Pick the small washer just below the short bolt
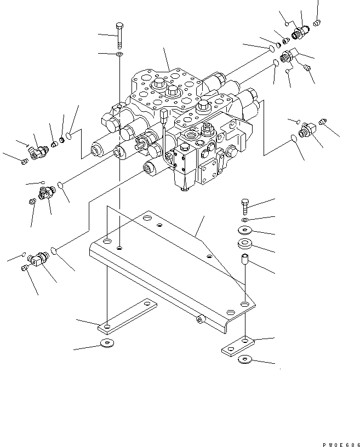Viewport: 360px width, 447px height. [244, 220]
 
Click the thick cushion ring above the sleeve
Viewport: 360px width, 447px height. [244, 244]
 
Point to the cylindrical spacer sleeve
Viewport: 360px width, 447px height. [244, 259]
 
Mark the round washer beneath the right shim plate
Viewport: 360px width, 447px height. [244, 360]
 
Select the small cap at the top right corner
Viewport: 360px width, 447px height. [317, 22]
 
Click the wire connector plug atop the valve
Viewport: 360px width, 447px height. [164, 116]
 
